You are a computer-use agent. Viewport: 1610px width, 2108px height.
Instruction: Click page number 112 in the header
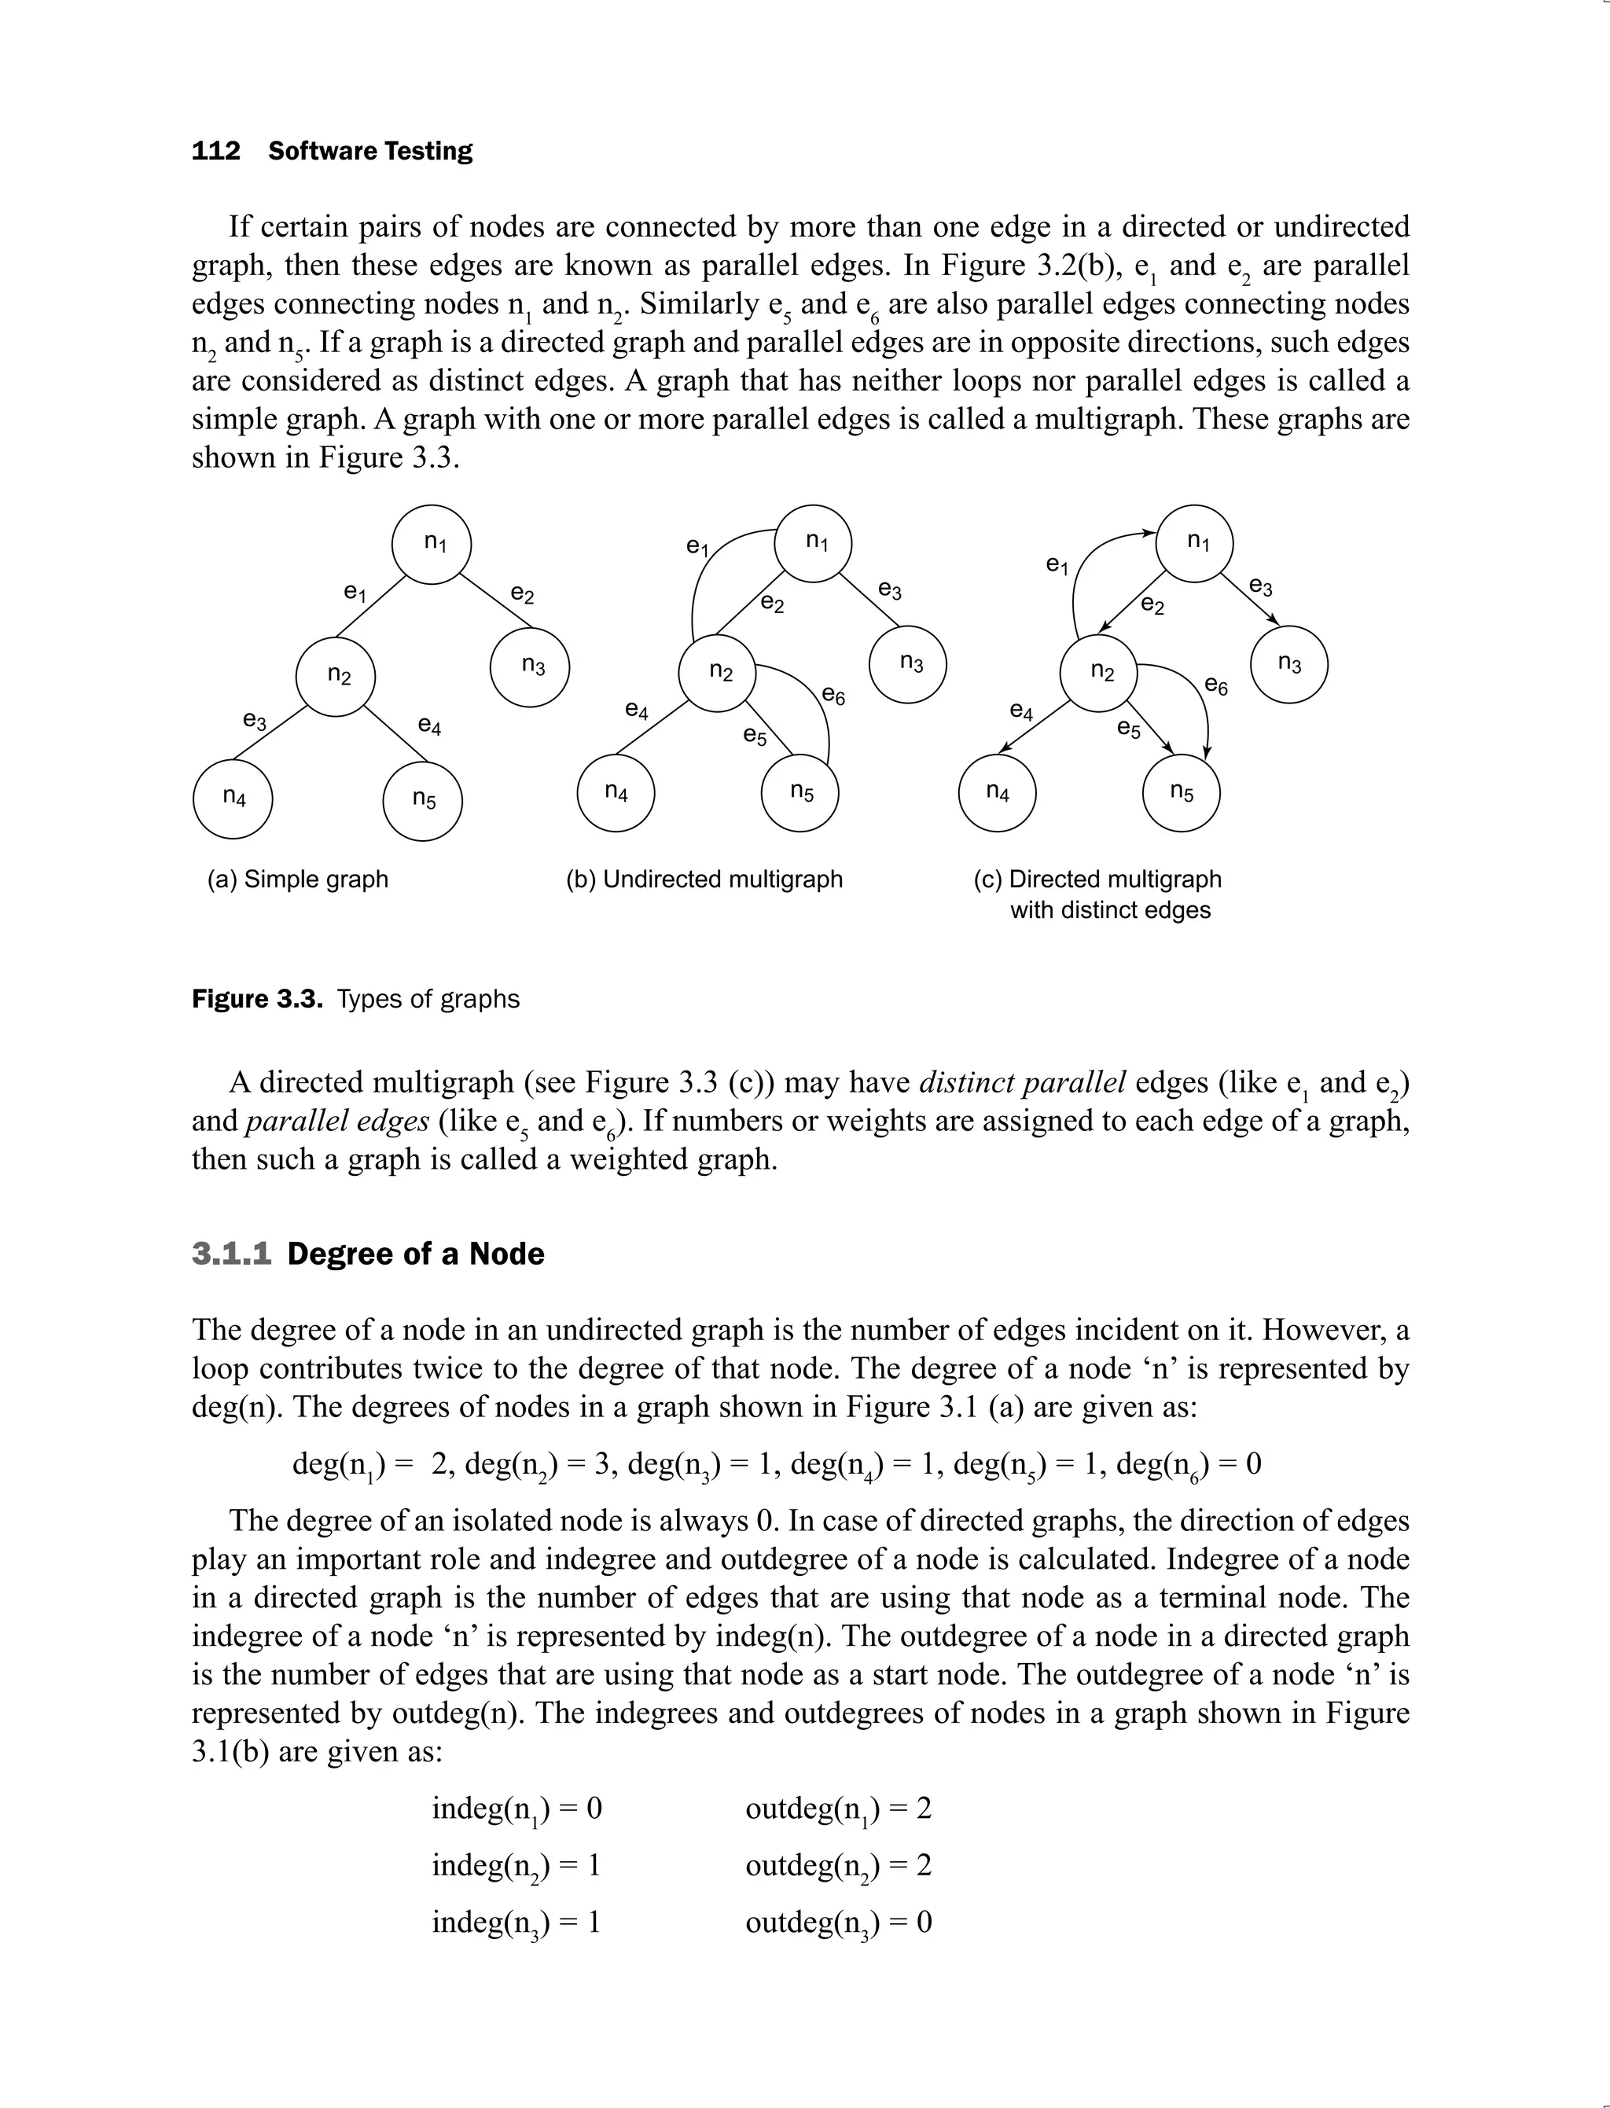tap(215, 152)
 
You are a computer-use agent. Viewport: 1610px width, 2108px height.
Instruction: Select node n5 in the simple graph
tap(423, 800)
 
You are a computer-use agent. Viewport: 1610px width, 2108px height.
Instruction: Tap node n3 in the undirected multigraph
tap(909, 663)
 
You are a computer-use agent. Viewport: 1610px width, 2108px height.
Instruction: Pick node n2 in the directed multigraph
tap(1099, 673)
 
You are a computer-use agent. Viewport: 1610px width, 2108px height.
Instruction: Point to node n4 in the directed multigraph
tap(997, 792)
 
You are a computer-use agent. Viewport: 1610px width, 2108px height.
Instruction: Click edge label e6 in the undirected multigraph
tap(834, 696)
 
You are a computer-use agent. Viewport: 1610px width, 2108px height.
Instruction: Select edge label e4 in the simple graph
tap(429, 726)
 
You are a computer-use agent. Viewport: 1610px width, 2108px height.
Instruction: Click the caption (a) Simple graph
tap(298, 879)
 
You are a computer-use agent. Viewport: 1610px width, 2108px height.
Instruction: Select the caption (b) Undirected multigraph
tap(704, 879)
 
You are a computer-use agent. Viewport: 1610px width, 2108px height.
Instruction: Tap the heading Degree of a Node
tap(415, 1254)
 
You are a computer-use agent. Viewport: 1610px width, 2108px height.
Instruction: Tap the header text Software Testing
tap(370, 152)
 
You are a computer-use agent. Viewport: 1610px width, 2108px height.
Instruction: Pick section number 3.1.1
tap(232, 1254)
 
